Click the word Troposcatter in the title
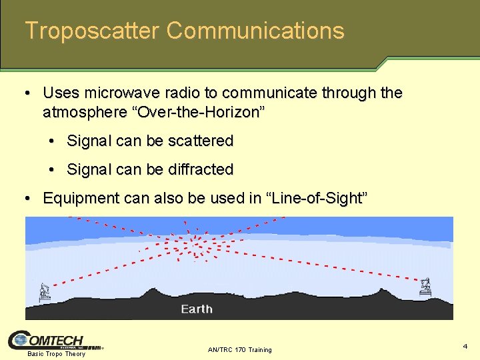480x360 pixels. pos(92,31)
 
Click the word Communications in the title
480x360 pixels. pos(255,31)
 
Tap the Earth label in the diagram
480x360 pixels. pos(197,309)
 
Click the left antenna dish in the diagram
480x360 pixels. pos(45,291)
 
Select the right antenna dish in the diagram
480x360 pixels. pos(425,287)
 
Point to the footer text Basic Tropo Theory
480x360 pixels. pos(56,354)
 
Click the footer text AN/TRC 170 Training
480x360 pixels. pos(240,349)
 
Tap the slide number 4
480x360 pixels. pos(465,346)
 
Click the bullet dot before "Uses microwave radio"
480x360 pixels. pos(29,93)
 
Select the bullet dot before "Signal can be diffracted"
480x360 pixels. pos(53,169)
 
